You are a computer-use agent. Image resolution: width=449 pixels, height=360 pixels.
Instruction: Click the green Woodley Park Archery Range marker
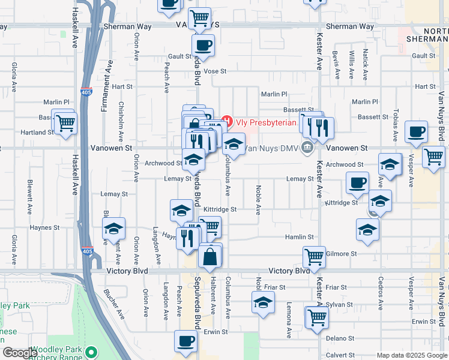pos(91,351)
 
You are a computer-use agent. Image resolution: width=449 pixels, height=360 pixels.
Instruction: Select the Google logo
pos(20,353)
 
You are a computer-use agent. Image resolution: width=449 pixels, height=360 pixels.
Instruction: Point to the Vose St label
pos(215,71)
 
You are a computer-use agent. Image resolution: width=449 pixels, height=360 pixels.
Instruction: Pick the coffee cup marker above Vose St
pos(203,44)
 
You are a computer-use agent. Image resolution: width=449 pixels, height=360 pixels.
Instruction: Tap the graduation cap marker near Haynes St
pos(113,230)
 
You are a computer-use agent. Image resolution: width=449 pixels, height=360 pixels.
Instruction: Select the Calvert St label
pos(341,353)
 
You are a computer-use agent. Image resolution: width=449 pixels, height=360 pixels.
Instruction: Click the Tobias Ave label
pos(395,122)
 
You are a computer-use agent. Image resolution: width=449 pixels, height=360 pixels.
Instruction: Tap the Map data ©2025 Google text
pos(411,355)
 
